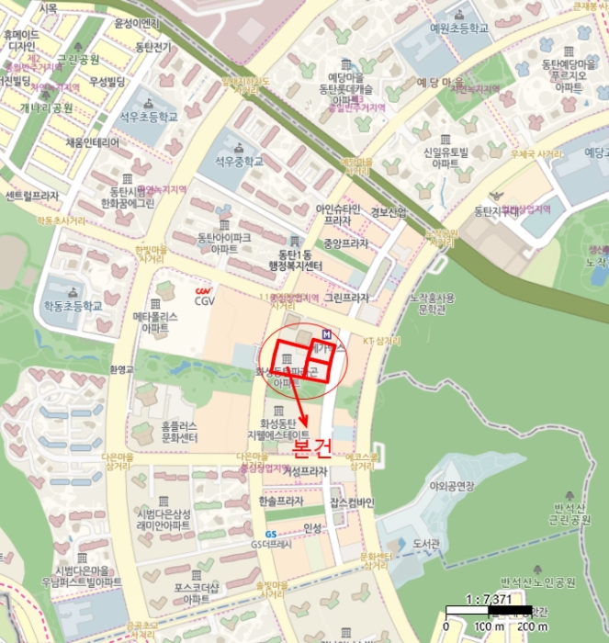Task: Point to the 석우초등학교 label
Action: (x=152, y=118)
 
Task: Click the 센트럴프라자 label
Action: (x=32, y=196)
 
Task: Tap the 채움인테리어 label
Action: (x=93, y=142)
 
